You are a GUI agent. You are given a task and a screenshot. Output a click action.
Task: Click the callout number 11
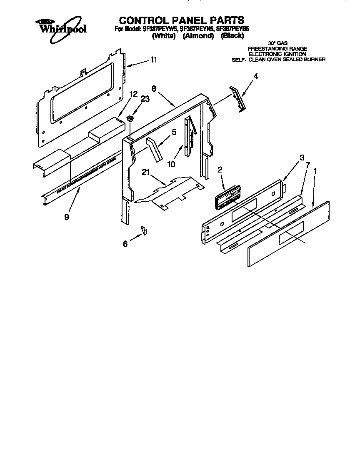coord(154,60)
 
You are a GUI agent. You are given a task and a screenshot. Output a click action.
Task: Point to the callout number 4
coord(256,76)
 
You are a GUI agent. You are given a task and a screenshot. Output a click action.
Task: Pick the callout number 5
coord(174,132)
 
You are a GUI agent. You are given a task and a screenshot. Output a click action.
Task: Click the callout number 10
coord(171,164)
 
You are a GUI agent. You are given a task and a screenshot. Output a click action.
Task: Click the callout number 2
coord(220,170)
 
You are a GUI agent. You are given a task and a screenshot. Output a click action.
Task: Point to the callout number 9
coord(67,217)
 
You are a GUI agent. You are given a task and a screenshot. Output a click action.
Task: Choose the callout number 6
coord(125,244)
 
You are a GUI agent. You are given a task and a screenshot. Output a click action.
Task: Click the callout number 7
coord(307,165)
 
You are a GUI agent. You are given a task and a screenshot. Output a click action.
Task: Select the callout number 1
coord(316,171)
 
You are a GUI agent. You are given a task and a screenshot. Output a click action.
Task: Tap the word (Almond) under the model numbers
coord(198,36)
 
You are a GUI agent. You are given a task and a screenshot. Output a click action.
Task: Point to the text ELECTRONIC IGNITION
coord(277,54)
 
